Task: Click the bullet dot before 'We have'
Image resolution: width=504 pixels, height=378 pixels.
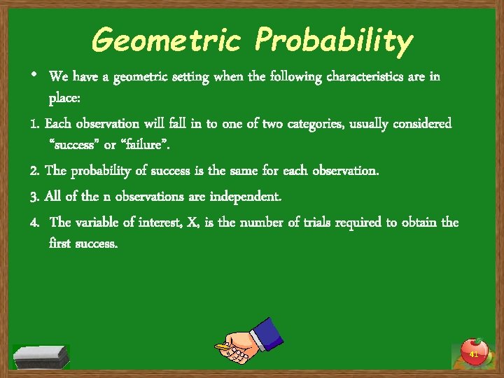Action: (34, 75)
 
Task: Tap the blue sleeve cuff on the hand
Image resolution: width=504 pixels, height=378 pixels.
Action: (267, 332)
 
